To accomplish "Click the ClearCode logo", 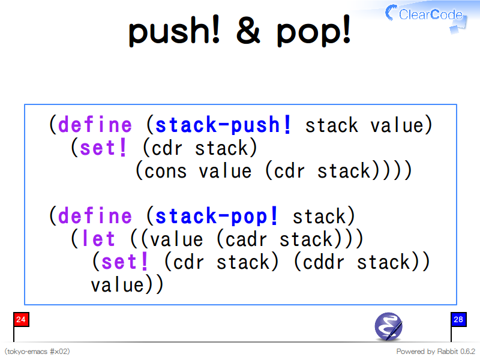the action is pos(425,16).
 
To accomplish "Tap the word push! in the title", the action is pos(174,31).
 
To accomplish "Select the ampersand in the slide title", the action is pos(248,30).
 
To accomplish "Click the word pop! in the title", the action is pos(313,31).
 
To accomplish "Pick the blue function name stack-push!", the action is pos(223,125).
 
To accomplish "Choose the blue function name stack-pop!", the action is pos(217,216).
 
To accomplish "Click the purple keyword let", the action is pos(98,239).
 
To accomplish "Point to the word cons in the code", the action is pos(165,171).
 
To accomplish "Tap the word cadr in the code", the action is pos(246,239).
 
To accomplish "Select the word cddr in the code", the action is pos(323,262).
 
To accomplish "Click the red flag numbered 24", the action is pos(21,320).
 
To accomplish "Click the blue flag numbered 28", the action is pos(458,320).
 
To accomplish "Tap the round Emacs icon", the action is pos(388,326).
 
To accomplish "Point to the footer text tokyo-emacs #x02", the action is pos(37,351).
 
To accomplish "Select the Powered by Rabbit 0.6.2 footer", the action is pos(436,351).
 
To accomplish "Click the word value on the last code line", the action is pos(117,286).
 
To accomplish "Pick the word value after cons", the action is pos(225,171).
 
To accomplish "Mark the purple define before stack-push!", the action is pos(95,125).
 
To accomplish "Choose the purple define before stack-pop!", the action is pos(95,216).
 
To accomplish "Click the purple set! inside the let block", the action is pos(124,262).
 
